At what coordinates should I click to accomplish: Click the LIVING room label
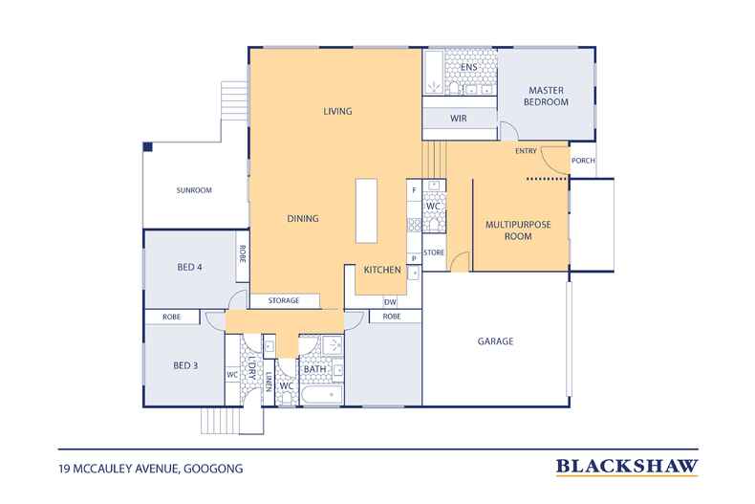tap(337, 111)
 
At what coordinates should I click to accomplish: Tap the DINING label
tap(303, 218)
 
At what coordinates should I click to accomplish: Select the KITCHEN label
tap(382, 270)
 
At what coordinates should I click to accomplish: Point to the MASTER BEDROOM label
tap(546, 96)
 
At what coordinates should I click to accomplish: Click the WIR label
tap(459, 118)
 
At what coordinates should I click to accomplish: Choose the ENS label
tap(468, 67)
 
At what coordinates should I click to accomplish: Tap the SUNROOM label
tap(194, 190)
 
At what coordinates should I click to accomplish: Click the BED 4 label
tap(190, 267)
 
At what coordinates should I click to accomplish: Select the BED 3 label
tap(185, 365)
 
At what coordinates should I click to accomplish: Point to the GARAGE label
tap(495, 341)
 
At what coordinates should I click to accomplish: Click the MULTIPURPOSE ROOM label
tap(518, 230)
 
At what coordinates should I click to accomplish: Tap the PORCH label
tap(583, 161)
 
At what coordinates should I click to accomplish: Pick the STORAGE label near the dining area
tap(284, 300)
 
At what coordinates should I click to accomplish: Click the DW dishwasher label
tap(390, 302)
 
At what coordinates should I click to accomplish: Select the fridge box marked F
tap(414, 190)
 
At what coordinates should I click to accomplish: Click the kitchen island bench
tap(366, 211)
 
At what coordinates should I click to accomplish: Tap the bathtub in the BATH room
tap(322, 395)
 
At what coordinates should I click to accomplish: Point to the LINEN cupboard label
tap(269, 382)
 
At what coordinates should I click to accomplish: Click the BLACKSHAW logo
tap(627, 467)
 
